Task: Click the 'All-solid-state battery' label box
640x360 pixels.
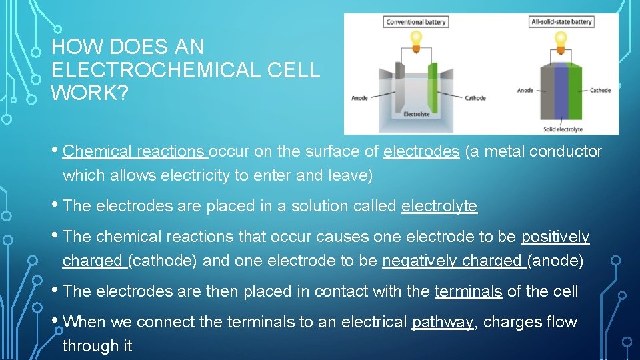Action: point(561,22)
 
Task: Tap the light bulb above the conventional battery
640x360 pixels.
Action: point(415,38)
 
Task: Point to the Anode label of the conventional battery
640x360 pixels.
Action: point(359,99)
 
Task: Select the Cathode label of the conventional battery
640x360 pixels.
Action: point(475,99)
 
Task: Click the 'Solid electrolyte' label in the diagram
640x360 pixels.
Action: point(563,129)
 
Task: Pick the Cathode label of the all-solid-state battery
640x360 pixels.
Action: point(600,91)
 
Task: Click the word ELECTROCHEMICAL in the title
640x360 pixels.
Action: point(185,70)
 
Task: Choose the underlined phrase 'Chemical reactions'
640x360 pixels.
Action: point(135,152)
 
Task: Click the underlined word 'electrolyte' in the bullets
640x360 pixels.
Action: point(439,207)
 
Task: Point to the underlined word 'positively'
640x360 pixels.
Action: point(555,237)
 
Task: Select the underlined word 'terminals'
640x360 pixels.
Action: point(468,292)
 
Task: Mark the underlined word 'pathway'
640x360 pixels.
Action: point(443,323)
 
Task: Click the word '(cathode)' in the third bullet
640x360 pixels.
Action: point(163,261)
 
